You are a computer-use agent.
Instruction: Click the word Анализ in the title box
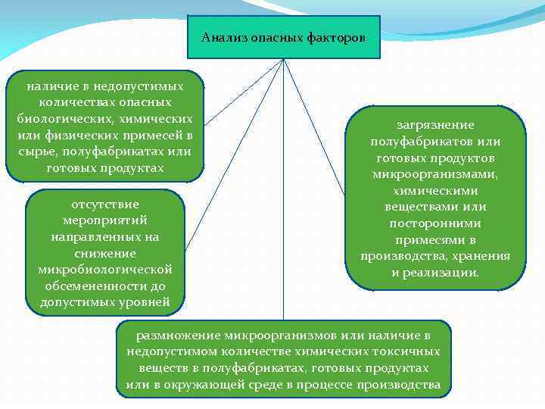click(221, 37)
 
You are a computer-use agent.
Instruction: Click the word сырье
click(37, 151)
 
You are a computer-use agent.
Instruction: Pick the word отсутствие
click(104, 204)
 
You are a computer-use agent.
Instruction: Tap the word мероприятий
click(104, 220)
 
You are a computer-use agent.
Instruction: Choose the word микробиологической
click(104, 270)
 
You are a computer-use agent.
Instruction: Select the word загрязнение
click(435, 125)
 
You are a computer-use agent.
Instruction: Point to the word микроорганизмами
click(435, 174)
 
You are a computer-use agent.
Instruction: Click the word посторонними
click(435, 223)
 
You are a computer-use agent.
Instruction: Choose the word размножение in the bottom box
click(179, 335)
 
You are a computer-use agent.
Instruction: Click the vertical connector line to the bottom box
click(283, 227)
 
